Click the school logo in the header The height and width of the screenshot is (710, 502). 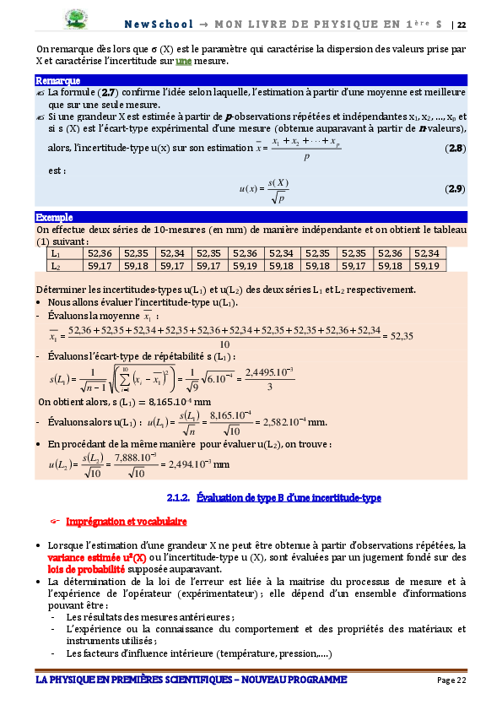(x=78, y=19)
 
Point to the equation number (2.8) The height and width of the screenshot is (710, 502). (x=455, y=149)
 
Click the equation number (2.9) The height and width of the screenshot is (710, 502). (x=455, y=187)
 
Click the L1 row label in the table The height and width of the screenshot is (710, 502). (x=56, y=253)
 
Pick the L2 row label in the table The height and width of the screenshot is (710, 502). (x=56, y=266)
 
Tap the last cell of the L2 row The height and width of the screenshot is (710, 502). (x=428, y=266)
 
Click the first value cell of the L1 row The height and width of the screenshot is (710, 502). (x=100, y=253)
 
